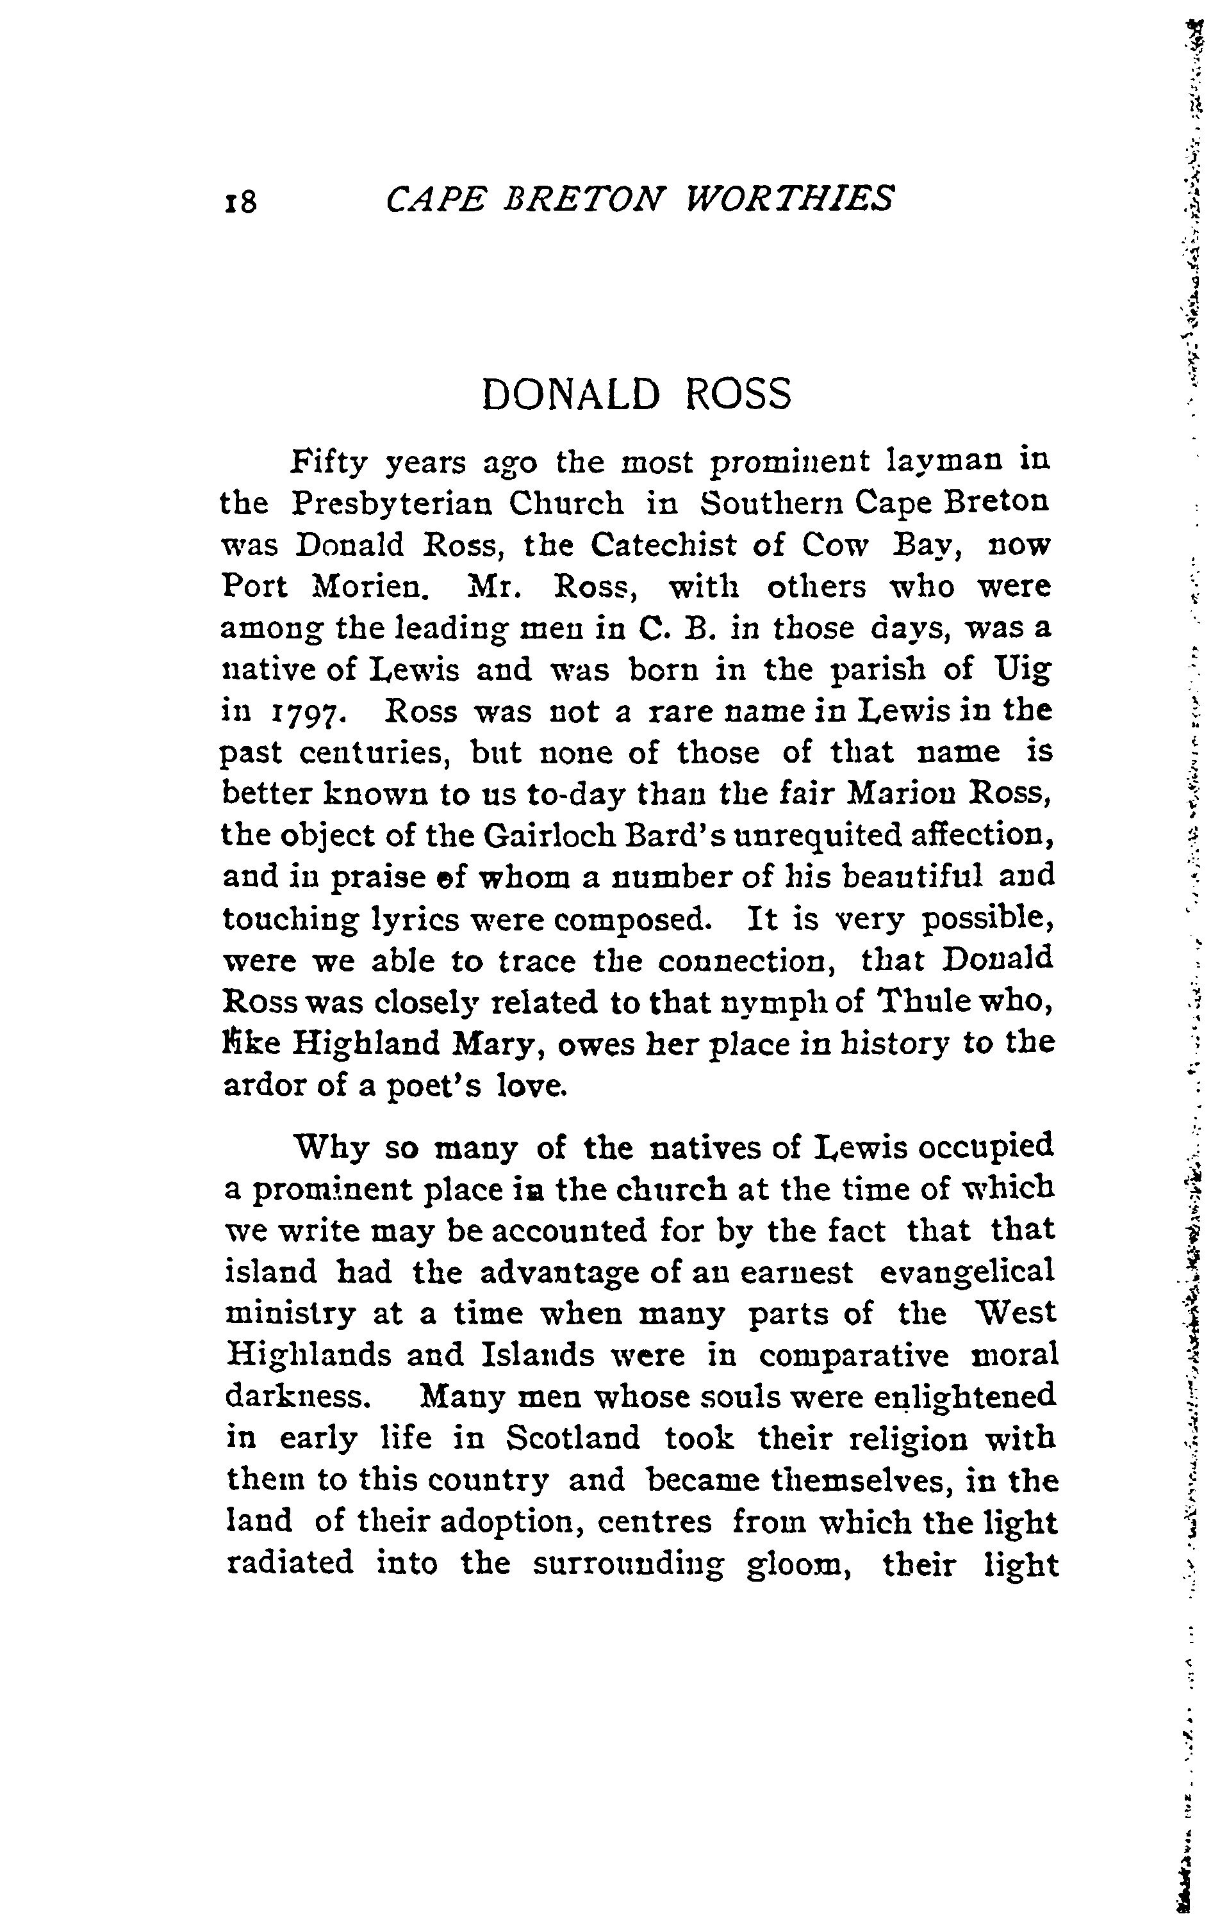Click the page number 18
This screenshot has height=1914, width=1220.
[241, 201]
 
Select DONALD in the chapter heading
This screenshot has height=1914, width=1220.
[571, 394]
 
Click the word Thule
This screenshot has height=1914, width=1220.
[936, 1002]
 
